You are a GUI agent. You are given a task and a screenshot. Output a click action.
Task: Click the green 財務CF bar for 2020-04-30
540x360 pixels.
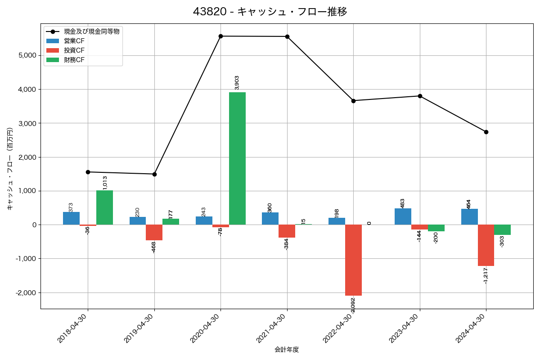click(237, 158)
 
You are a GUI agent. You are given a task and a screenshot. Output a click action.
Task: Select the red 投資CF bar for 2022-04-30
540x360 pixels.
click(353, 260)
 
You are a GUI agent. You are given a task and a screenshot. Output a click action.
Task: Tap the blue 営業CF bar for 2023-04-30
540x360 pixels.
click(403, 216)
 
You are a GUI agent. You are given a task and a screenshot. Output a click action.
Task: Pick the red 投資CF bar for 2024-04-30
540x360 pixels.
click(486, 245)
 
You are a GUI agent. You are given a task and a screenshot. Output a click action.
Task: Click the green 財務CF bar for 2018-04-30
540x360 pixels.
click(104, 207)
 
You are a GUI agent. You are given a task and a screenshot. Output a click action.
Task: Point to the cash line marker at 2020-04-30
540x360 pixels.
click(220, 36)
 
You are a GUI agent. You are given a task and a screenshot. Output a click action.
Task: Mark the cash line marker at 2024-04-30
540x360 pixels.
click(486, 132)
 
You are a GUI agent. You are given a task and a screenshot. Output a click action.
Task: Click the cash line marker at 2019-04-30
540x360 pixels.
click(154, 174)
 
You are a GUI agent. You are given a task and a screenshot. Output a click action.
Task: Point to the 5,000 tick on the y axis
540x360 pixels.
click(27, 55)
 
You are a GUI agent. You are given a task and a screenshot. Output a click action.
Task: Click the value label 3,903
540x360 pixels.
click(237, 82)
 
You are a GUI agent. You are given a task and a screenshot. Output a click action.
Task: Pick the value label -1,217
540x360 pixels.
click(486, 275)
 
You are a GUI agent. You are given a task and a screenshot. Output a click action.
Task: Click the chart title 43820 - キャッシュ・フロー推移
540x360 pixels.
click(270, 12)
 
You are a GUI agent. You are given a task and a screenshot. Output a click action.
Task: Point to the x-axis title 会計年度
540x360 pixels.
click(287, 350)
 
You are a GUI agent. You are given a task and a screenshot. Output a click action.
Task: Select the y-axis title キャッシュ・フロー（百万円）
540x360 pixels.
click(10, 169)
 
